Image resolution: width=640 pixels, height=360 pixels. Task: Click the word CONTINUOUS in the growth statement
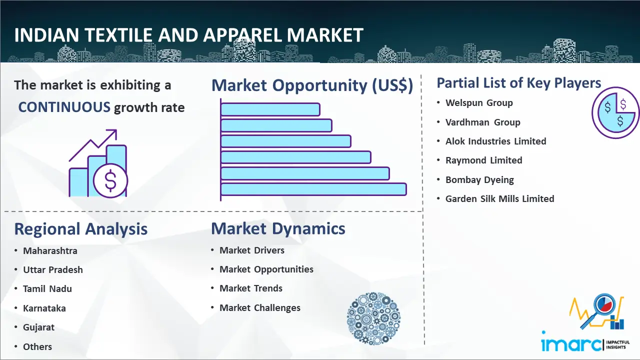click(64, 107)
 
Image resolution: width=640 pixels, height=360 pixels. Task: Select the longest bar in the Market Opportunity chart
click(313, 189)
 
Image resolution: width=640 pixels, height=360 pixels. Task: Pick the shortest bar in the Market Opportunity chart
click(270, 109)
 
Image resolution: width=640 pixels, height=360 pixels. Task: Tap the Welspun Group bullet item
click(479, 103)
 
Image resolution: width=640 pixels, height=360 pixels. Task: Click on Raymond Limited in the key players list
click(483, 160)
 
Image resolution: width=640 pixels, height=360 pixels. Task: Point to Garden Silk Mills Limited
click(499, 198)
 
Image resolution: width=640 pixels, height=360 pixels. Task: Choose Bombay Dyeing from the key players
click(479, 179)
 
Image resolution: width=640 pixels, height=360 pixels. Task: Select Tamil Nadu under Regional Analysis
click(47, 289)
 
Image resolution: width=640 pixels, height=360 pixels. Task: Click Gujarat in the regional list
click(38, 327)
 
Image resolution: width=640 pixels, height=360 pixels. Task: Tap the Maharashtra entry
click(50, 251)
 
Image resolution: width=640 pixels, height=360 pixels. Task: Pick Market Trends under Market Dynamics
click(251, 288)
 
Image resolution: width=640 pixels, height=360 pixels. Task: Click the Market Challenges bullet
click(260, 307)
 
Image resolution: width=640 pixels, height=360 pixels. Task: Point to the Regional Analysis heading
click(81, 229)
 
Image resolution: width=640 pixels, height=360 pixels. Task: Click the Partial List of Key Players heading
click(519, 83)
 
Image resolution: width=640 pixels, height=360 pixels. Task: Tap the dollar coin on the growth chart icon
click(110, 180)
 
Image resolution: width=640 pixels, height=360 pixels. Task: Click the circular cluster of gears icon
click(373, 318)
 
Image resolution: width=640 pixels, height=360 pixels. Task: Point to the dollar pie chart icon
click(615, 113)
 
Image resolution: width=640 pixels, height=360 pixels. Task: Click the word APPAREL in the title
click(242, 35)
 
